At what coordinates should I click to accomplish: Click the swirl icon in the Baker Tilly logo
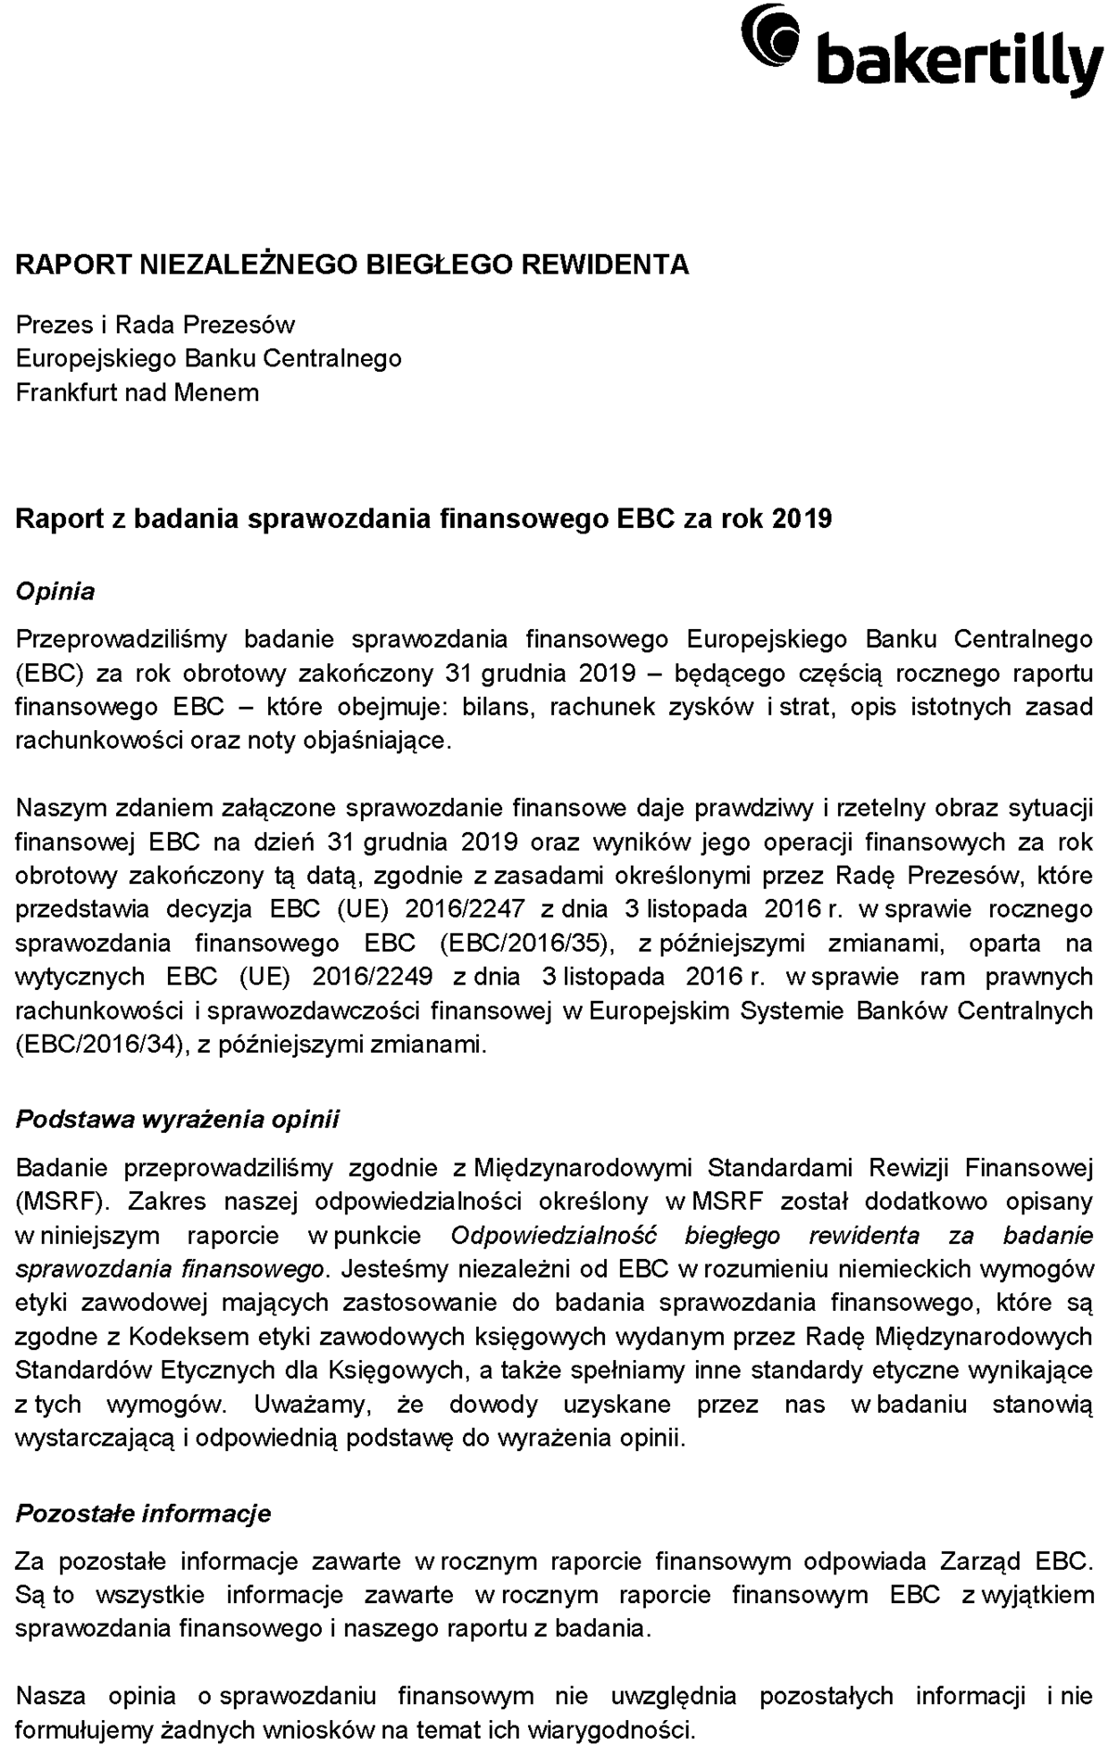(770, 34)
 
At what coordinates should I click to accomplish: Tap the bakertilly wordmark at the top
(960, 63)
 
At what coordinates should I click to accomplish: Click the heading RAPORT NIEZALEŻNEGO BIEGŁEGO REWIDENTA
(352, 264)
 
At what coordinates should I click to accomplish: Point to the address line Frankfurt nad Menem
(138, 392)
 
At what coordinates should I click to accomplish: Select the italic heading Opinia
(55, 592)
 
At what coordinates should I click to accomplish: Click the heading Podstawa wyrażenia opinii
(178, 1119)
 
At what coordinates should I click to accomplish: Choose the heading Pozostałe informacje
(144, 1514)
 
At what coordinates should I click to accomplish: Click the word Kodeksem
(189, 1337)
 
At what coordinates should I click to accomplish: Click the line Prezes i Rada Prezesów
(155, 324)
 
